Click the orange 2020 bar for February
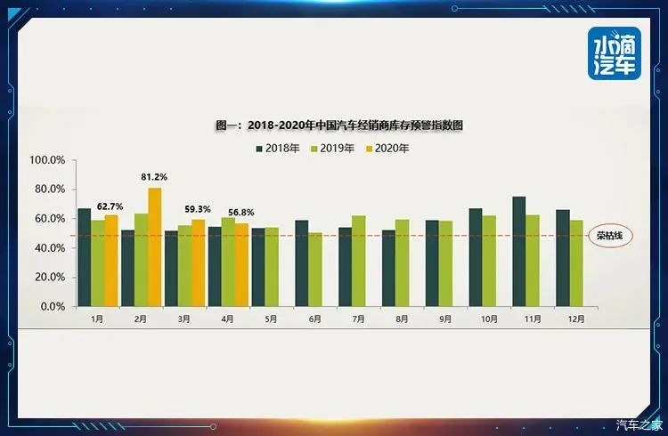pos(155,246)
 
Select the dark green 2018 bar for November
pos(518,251)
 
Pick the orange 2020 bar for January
pos(111,260)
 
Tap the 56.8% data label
pos(240,213)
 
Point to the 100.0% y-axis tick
pos(47,161)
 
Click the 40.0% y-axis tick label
pos(49,248)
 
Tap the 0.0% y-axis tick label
pos(52,306)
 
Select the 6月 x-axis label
pos(316,319)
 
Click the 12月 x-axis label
pos(575,319)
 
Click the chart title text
pos(339,125)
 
